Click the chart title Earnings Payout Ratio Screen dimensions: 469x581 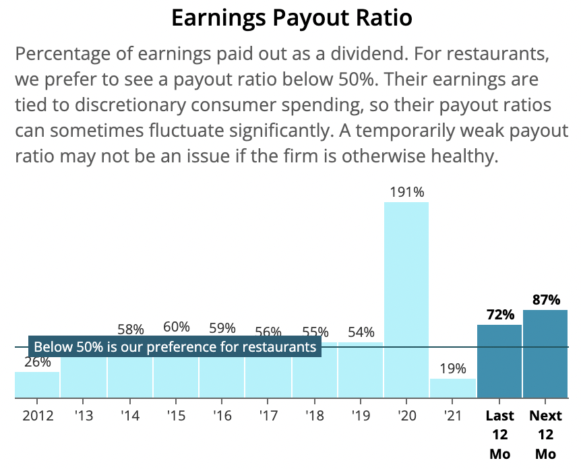(x=291, y=18)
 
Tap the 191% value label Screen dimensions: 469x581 (x=406, y=192)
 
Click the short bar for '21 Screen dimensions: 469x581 (x=452, y=388)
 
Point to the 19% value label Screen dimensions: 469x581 (x=452, y=369)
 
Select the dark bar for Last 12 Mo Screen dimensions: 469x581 (x=499, y=361)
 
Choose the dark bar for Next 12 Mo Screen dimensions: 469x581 (x=545, y=354)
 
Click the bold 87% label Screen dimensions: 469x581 (x=546, y=300)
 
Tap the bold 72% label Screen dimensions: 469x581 (x=499, y=315)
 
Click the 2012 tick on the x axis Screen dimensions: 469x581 (x=37, y=416)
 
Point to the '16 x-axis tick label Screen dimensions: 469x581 (x=222, y=416)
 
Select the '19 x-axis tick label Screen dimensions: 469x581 (x=360, y=416)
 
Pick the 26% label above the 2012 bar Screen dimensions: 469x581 (x=37, y=362)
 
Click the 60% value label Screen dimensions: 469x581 (x=176, y=327)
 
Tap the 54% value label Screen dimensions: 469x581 (x=361, y=332)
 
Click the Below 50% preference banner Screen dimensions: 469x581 (x=175, y=347)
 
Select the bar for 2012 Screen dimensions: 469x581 (x=37, y=385)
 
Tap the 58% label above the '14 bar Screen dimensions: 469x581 (x=130, y=330)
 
